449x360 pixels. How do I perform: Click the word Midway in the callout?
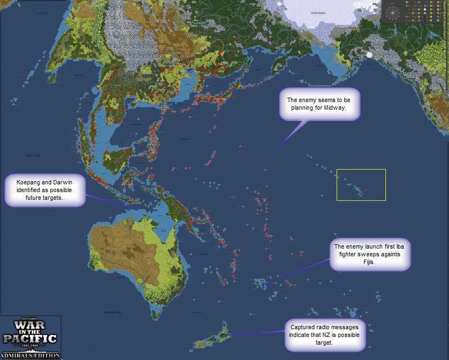point(343,109)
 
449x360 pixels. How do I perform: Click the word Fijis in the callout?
point(371,265)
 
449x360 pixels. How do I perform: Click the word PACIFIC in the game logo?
point(30,337)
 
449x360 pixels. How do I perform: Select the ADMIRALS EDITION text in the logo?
point(30,355)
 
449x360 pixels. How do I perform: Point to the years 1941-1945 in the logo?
point(30,347)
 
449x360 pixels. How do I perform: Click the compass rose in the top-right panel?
point(394,12)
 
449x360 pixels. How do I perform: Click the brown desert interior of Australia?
point(118,247)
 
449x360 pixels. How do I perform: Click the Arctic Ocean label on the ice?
point(317,12)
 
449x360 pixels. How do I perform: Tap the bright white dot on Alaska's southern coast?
point(370,54)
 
